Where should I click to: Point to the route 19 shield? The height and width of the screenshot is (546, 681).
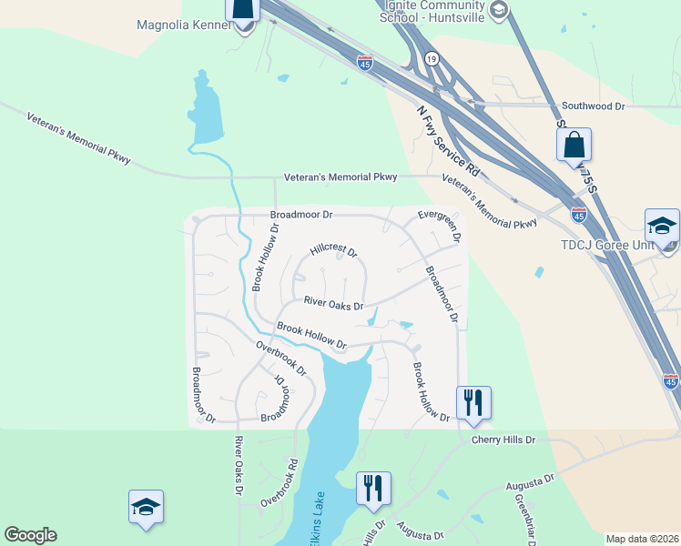(432, 58)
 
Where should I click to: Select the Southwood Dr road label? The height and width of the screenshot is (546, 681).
(594, 106)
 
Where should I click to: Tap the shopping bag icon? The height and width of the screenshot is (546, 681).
(574, 145)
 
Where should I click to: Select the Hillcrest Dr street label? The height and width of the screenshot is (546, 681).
(333, 250)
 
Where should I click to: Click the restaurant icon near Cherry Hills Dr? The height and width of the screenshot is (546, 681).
(473, 402)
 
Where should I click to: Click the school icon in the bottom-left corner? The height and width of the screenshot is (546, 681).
(146, 509)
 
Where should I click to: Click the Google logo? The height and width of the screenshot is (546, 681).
(31, 535)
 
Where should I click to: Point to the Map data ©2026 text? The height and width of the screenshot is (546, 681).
(642, 539)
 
